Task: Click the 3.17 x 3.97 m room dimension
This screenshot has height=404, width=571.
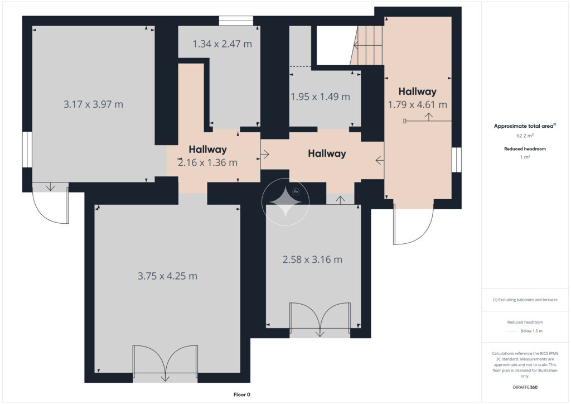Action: coord(93,104)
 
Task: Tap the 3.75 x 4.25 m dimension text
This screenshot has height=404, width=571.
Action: coord(167,276)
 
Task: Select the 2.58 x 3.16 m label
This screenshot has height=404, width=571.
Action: coord(312,259)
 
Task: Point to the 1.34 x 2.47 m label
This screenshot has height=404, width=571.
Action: coord(222,44)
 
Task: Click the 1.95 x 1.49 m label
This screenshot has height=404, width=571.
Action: coord(320,97)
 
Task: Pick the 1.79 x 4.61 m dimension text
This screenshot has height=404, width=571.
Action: coord(417,104)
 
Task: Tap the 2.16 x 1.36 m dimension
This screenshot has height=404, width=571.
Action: coord(207,162)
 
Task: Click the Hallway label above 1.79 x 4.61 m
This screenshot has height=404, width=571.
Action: coord(417,91)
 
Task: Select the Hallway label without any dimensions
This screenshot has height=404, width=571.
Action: coord(327,153)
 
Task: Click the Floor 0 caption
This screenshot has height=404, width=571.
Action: coord(242,395)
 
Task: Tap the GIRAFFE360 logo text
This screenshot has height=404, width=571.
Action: coord(525,387)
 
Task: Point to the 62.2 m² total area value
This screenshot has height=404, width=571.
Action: coord(525,136)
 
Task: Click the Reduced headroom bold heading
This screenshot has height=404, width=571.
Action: coord(525,148)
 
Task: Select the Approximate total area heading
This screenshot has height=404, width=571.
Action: coord(525,126)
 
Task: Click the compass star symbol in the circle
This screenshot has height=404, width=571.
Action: coord(285,202)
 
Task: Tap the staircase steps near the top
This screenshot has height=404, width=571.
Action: coord(367,45)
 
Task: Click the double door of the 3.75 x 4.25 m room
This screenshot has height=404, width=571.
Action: coord(165,363)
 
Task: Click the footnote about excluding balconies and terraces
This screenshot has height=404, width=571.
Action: coord(525,300)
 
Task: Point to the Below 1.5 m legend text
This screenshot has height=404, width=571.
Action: coord(531,331)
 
